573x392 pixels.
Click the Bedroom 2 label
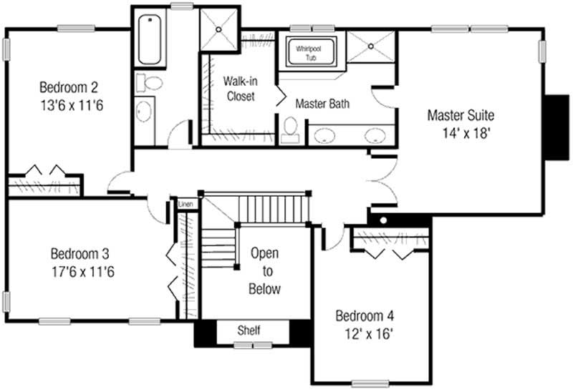[68, 88]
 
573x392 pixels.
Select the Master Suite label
[461, 114]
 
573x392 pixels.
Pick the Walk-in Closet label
[239, 88]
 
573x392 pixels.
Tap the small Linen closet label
[186, 204]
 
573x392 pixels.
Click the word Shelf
[249, 330]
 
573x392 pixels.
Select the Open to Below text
[264, 271]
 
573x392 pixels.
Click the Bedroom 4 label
[365, 315]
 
